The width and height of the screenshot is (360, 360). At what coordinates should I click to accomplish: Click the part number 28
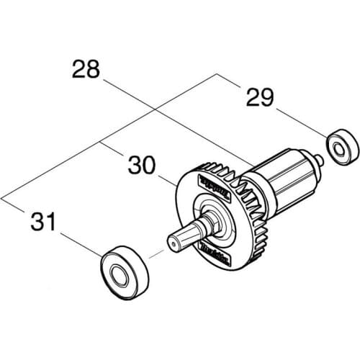click(x=87, y=71)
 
